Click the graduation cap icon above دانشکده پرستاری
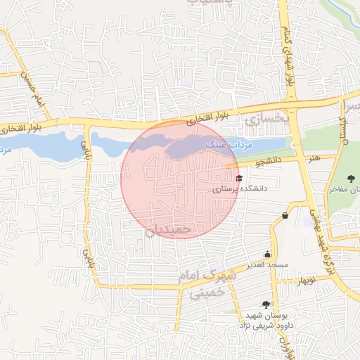pos(239,178)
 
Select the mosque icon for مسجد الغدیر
pos(267,254)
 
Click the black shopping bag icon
pos(285,215)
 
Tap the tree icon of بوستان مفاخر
pos(352,178)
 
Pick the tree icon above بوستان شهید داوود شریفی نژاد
pos(266,304)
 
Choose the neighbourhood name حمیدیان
pos(168,229)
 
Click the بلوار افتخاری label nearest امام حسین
pos(21,128)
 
